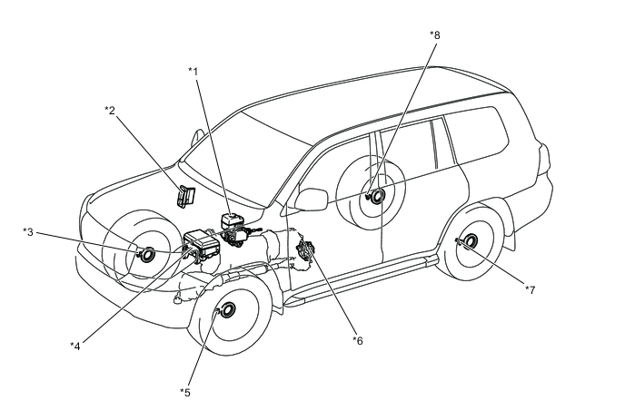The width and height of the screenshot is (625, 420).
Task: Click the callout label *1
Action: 193,72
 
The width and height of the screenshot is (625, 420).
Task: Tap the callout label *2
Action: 110,110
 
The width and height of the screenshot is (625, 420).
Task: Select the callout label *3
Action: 28,231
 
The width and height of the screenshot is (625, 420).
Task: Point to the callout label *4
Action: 74,346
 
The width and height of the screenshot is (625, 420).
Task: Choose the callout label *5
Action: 185,393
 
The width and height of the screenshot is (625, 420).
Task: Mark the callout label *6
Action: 358,340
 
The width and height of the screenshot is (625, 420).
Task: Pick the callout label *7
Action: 530,289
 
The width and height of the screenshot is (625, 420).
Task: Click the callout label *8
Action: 435,35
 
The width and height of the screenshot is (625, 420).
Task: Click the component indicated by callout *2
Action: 185,196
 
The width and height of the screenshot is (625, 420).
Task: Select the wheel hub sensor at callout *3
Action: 145,254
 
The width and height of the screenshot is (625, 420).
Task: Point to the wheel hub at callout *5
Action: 226,310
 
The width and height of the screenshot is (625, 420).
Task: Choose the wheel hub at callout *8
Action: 375,195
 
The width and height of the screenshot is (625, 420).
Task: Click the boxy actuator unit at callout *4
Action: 202,244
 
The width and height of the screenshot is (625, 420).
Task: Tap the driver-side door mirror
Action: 311,199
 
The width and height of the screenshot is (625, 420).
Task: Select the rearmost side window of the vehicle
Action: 476,134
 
